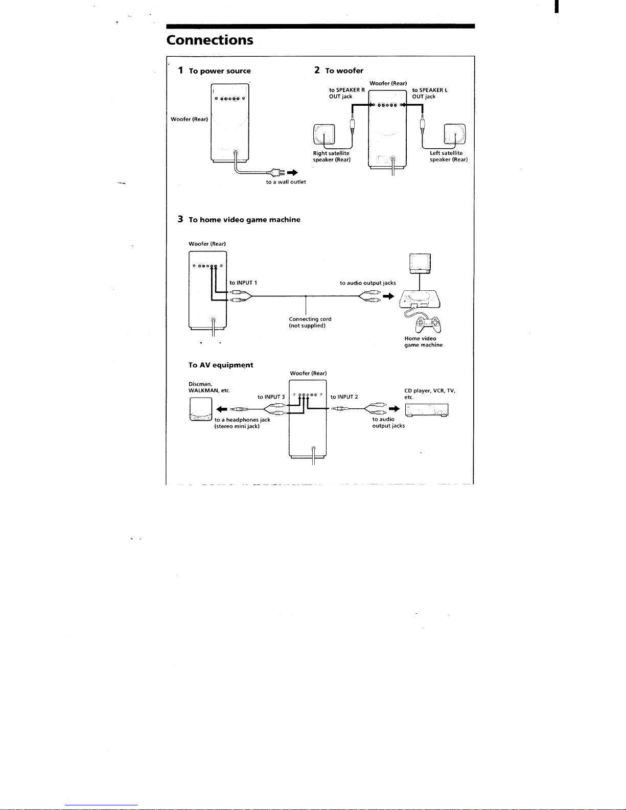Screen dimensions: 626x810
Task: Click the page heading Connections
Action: (210, 40)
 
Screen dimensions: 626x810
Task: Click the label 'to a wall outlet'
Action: (286, 182)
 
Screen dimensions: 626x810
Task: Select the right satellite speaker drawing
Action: (324, 134)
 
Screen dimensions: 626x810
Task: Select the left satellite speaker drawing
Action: (455, 134)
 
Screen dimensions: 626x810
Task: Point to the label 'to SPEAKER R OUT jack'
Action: (346, 93)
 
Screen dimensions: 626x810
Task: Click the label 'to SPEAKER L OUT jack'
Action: (430, 93)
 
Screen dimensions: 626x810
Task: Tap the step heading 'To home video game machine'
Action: (244, 220)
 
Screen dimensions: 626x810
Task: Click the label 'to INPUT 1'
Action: (243, 283)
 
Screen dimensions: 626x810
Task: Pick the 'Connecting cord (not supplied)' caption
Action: (310, 322)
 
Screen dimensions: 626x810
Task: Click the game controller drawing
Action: (429, 325)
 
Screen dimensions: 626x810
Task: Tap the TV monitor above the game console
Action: (420, 264)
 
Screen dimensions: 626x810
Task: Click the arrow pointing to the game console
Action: (388, 296)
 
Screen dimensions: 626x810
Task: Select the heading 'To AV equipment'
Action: (221, 365)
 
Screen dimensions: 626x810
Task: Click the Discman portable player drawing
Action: (201, 409)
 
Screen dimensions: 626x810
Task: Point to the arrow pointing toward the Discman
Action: (222, 409)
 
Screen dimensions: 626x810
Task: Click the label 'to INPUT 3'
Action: (271, 397)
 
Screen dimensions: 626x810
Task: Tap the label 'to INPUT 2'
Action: (344, 397)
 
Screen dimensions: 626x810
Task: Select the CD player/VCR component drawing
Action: (427, 410)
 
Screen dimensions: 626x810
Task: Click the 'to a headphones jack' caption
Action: (242, 420)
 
